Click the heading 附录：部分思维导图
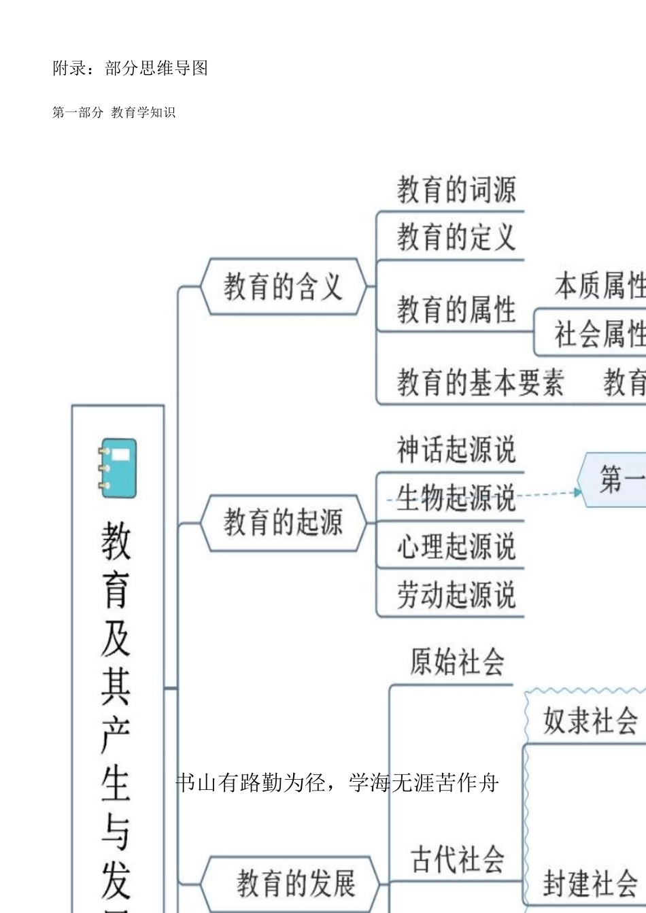(130, 68)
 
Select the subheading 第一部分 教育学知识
(114, 112)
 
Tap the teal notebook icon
(118, 468)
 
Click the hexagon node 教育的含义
(283, 286)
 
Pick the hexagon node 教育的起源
(283, 523)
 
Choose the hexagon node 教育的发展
(295, 883)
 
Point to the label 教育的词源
(456, 190)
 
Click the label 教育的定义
(456, 237)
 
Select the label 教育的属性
(456, 310)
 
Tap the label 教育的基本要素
(480, 382)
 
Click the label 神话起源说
(456, 449)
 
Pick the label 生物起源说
(456, 498)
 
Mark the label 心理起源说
(456, 547)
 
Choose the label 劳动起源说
(456, 595)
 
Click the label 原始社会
(457, 661)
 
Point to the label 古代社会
(457, 859)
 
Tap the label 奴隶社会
(590, 720)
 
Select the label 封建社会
(590, 883)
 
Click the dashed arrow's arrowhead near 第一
(579, 492)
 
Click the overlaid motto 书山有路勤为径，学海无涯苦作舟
(337, 783)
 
